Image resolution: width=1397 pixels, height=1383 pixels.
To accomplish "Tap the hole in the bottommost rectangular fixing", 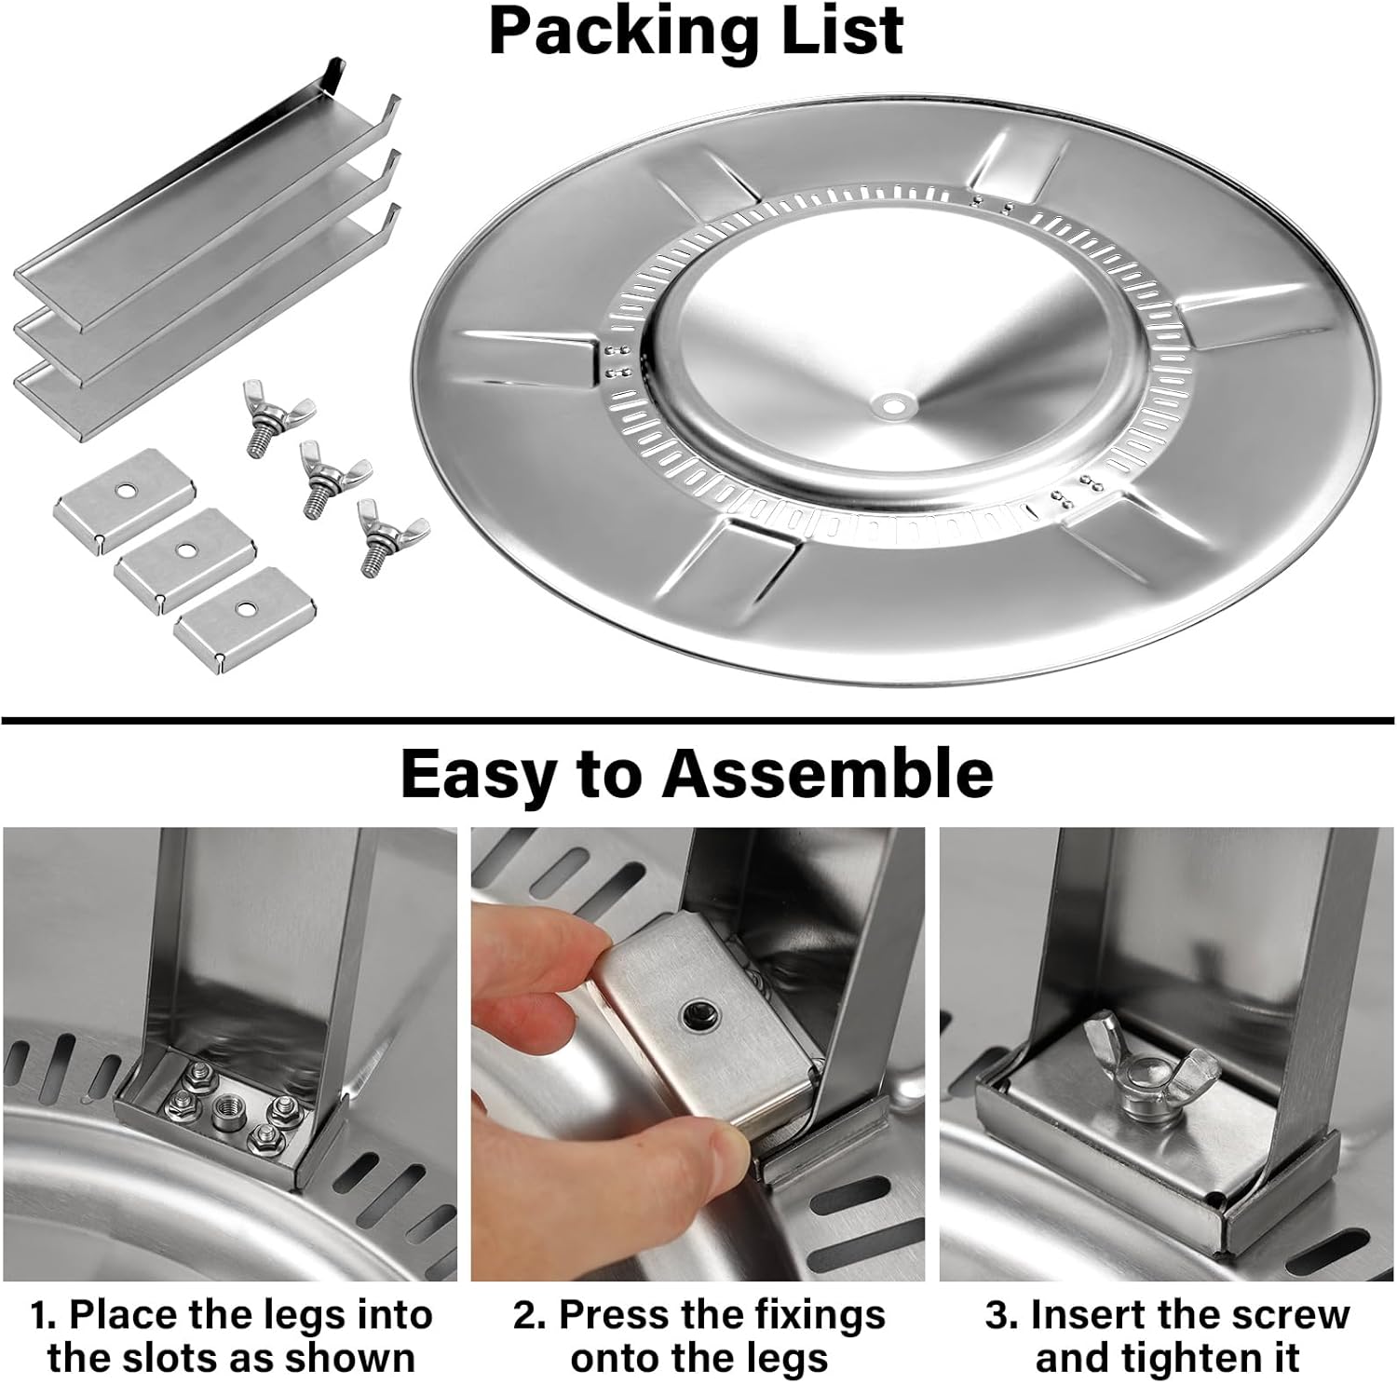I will pos(246,608).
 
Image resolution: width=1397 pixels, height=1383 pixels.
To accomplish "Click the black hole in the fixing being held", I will pos(694,1012).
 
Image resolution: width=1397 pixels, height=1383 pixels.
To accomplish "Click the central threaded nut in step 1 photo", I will pos(226,1108).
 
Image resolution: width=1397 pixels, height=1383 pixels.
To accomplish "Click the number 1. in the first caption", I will pos(45,1315).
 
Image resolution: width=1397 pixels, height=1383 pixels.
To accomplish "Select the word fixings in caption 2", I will pos(810,1315).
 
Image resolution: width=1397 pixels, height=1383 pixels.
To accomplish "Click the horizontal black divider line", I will pos(698,720).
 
